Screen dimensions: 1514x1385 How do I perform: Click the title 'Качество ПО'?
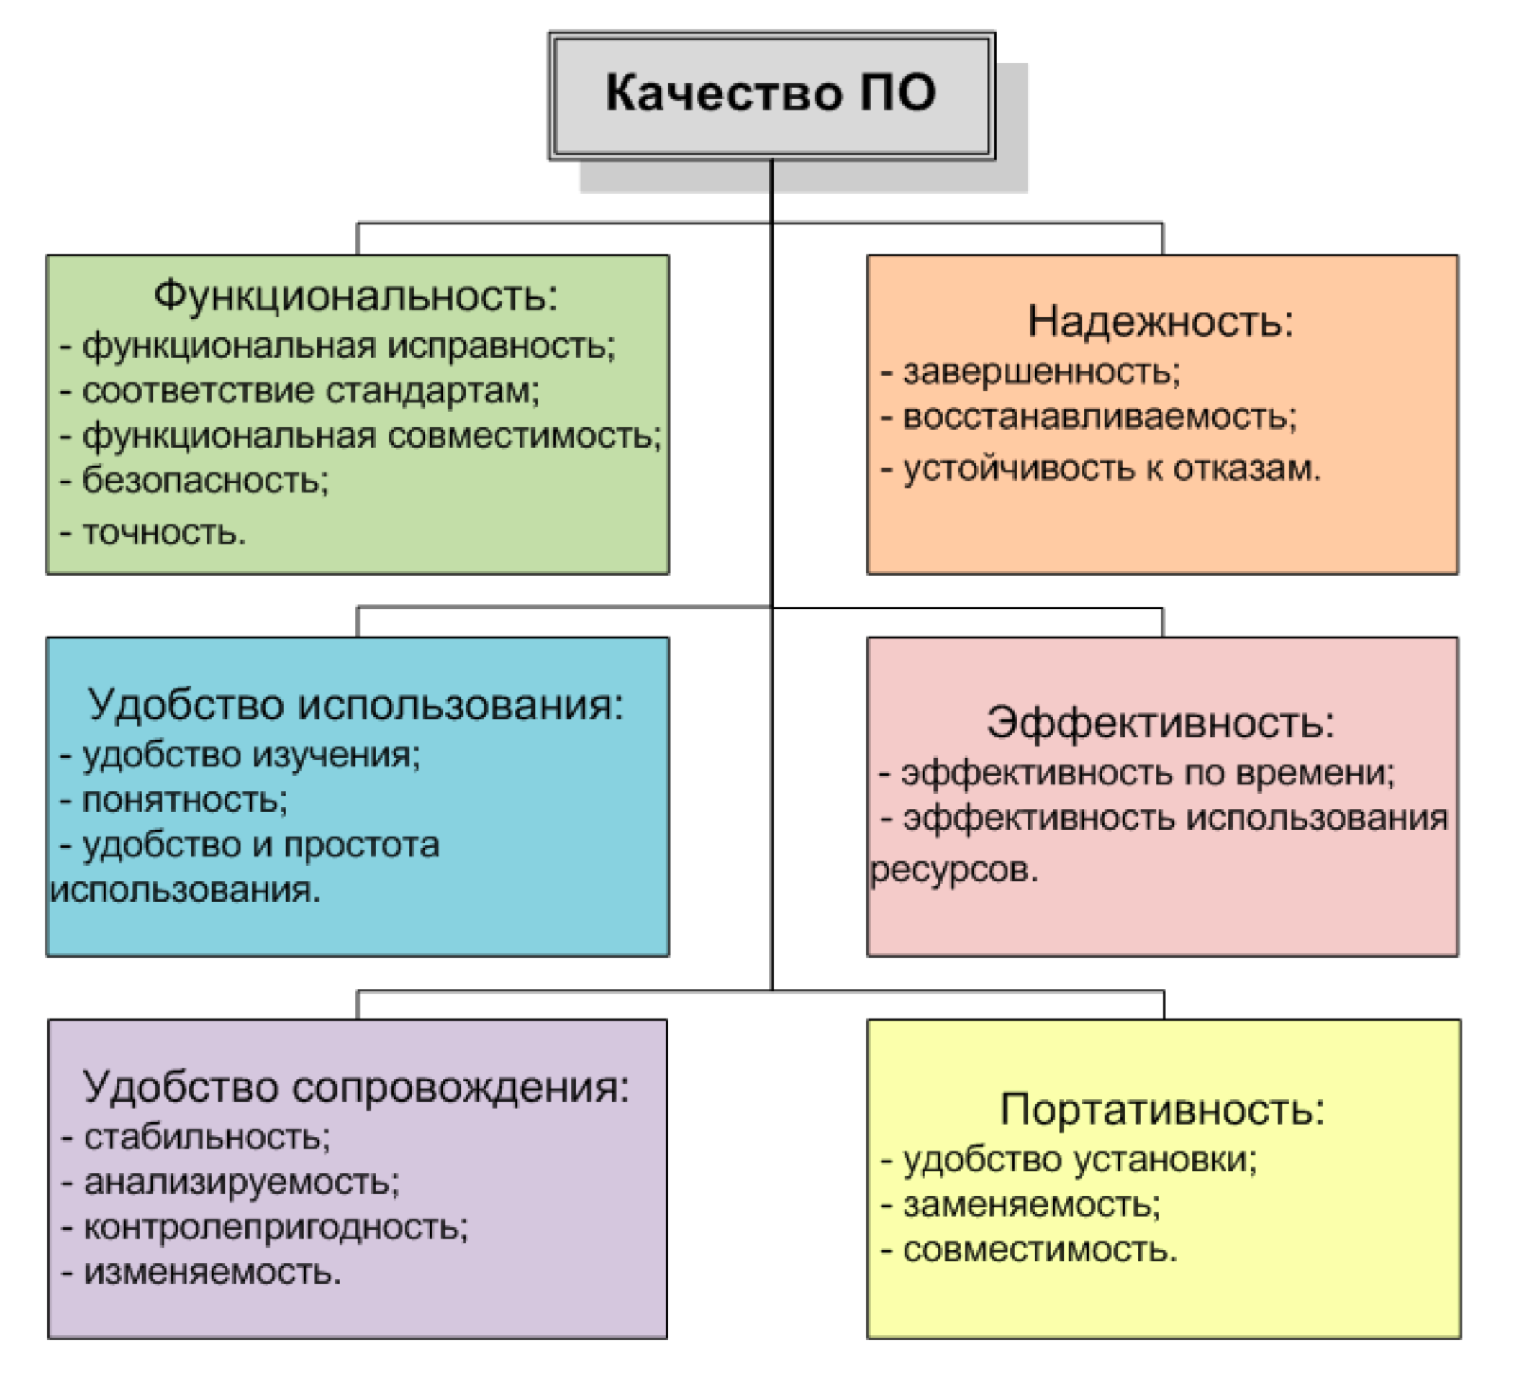tap(771, 92)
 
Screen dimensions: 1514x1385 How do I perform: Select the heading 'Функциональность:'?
tap(356, 295)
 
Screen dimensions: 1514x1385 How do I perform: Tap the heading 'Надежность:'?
tap(1160, 321)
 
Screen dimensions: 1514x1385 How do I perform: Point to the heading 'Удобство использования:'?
tap(356, 704)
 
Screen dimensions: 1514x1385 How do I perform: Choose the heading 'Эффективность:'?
tap(1160, 722)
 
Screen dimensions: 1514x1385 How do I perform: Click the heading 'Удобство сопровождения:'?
tap(356, 1086)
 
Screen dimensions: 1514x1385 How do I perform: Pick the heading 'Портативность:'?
tap(1163, 1109)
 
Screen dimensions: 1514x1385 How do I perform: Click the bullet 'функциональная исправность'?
tap(348, 346)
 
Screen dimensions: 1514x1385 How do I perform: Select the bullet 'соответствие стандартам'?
tap(310, 391)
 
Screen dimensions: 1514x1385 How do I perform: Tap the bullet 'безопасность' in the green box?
tap(205, 480)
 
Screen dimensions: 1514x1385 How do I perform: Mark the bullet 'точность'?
tap(164, 532)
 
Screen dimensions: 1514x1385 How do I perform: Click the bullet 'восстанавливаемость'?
tap(1100, 417)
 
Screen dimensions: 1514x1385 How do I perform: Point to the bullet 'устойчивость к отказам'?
tap(1112, 469)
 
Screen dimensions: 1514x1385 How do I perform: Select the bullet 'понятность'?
tap(184, 801)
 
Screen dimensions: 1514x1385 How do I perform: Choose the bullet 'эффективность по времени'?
tap(1148, 773)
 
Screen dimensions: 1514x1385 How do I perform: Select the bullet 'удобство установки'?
tap(1079, 1161)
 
